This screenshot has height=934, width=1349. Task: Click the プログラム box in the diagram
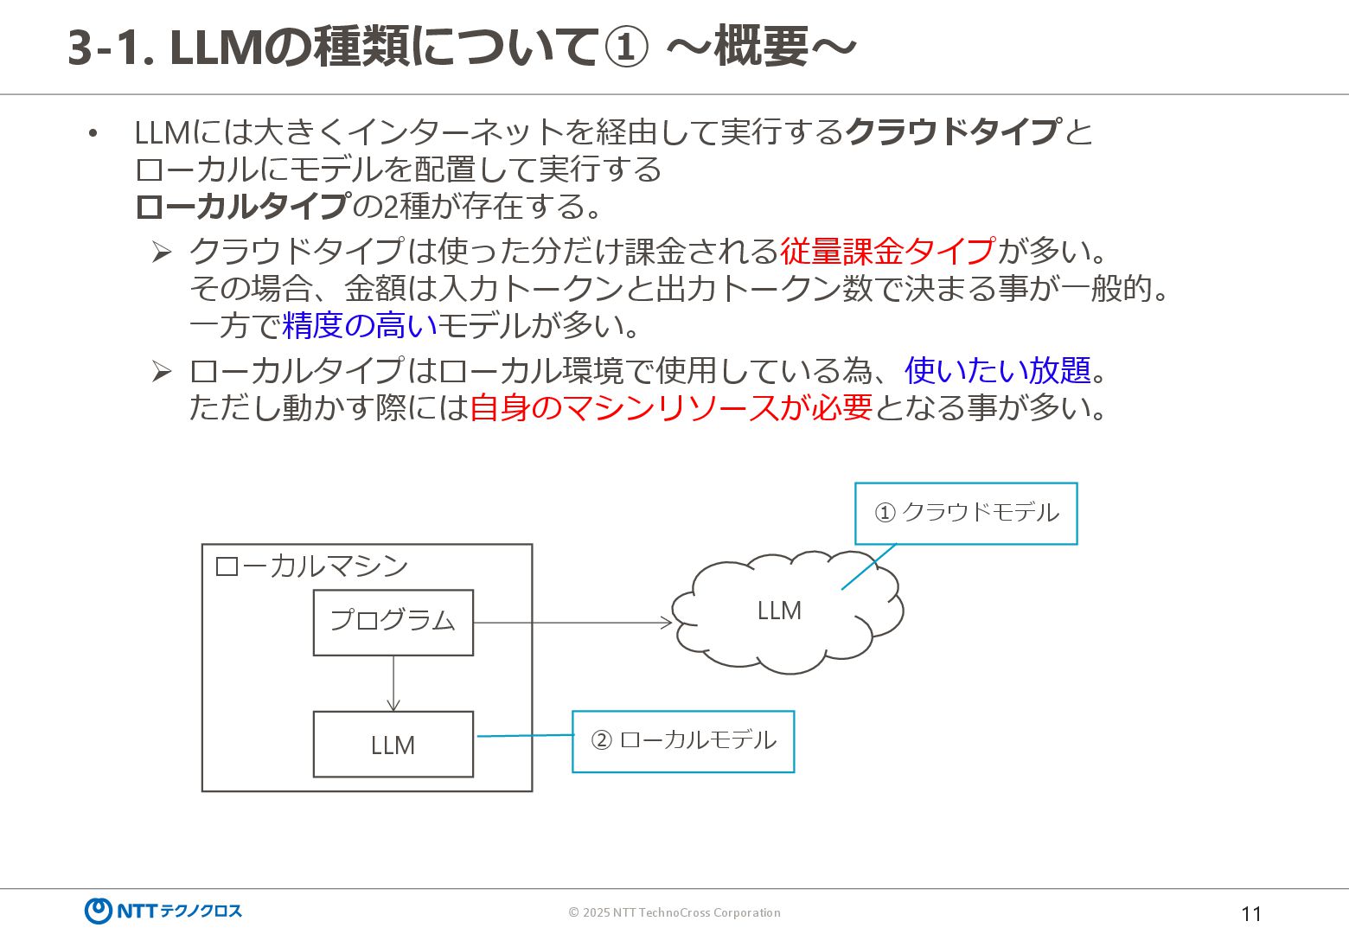(x=393, y=622)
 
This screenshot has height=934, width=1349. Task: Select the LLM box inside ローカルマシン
(x=393, y=744)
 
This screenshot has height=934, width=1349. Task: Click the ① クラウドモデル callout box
(x=965, y=513)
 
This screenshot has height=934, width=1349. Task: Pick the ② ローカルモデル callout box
(x=682, y=741)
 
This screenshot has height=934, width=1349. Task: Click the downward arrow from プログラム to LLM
(x=393, y=683)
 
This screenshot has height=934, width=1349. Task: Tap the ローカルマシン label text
(x=311, y=566)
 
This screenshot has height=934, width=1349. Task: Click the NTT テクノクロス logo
(x=163, y=911)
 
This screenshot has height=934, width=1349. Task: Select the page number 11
(x=1250, y=914)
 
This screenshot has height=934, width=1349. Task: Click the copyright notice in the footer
(x=674, y=912)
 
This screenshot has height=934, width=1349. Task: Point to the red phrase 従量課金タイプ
(x=887, y=252)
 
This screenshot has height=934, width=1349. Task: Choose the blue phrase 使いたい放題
(x=997, y=371)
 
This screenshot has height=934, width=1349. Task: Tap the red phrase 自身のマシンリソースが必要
(x=670, y=407)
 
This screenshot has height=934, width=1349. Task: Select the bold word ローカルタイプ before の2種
(x=243, y=207)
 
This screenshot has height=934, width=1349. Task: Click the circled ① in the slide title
(x=625, y=48)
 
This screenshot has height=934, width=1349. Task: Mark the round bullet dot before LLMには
(x=93, y=133)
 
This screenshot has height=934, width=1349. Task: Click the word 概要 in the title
(x=761, y=48)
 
